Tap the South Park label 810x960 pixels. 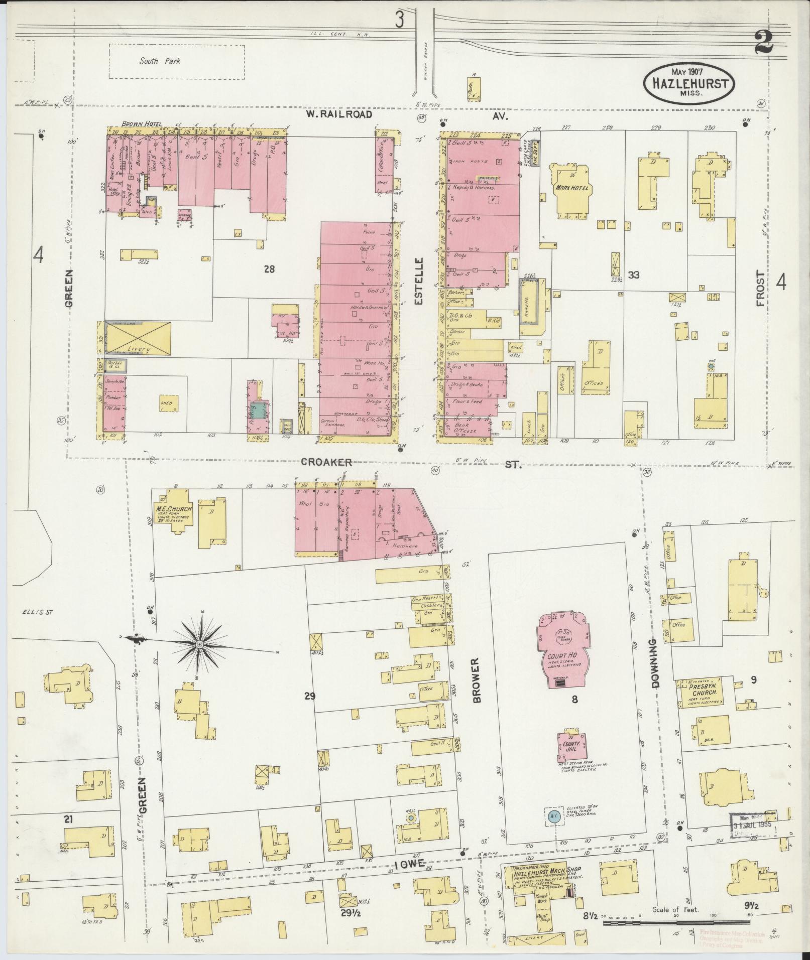(160, 61)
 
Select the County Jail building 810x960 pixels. (571, 746)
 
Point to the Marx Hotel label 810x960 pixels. (572, 188)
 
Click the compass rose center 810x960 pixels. (199, 644)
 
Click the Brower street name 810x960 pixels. (475, 680)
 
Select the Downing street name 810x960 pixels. (654, 662)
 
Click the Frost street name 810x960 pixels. (761, 289)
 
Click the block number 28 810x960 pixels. (270, 269)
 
